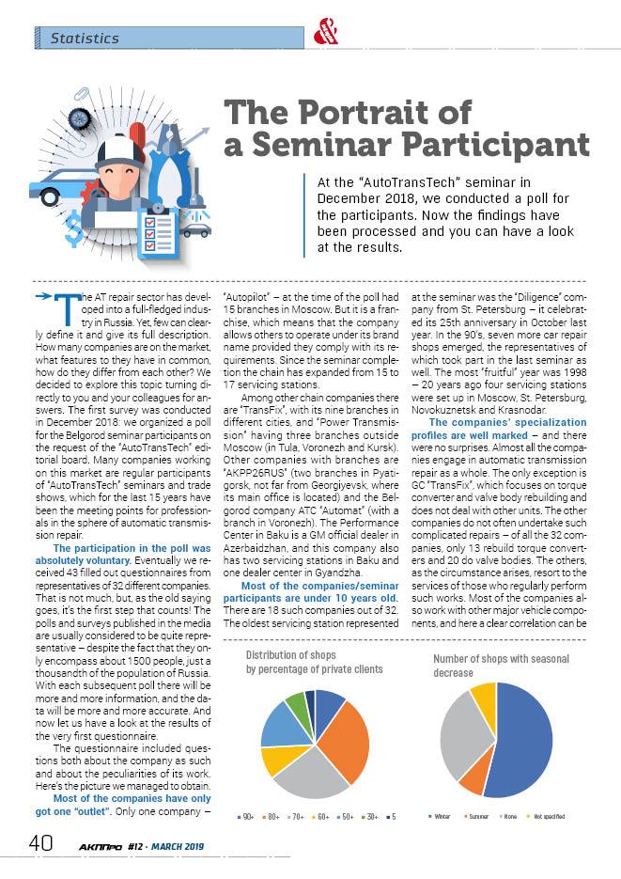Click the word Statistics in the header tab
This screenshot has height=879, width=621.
85,39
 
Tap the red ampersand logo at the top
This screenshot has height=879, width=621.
324,29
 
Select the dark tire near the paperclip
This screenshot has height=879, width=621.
80,118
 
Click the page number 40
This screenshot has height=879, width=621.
39,843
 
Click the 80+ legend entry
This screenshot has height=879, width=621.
272,816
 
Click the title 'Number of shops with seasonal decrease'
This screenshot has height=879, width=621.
501,666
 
